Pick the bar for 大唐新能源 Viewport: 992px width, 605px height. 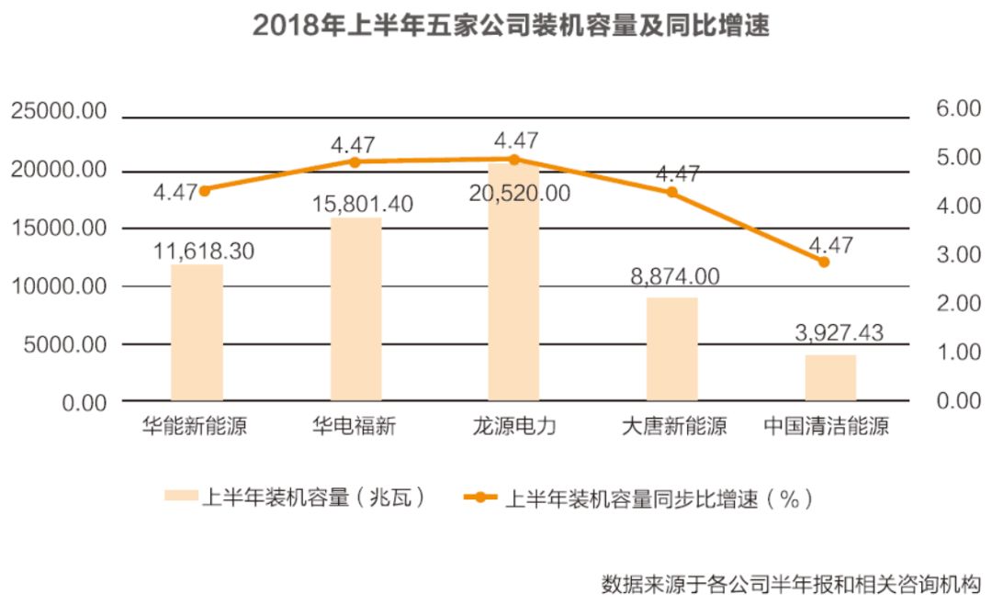tap(671, 350)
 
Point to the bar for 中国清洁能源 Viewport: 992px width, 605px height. tap(830, 378)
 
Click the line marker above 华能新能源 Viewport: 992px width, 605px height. tap(205, 190)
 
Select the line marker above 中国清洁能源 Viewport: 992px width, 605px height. tap(824, 262)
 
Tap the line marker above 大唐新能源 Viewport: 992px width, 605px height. tap(671, 192)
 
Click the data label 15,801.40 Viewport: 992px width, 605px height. tap(362, 203)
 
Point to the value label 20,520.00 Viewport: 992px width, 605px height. tap(519, 193)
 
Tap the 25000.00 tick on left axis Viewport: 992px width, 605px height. tap(59, 111)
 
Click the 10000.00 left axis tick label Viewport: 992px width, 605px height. tap(59, 286)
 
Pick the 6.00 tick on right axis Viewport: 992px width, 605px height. tap(958, 108)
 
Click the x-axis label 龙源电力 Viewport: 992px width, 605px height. tap(513, 427)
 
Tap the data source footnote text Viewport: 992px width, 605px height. tap(791, 583)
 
